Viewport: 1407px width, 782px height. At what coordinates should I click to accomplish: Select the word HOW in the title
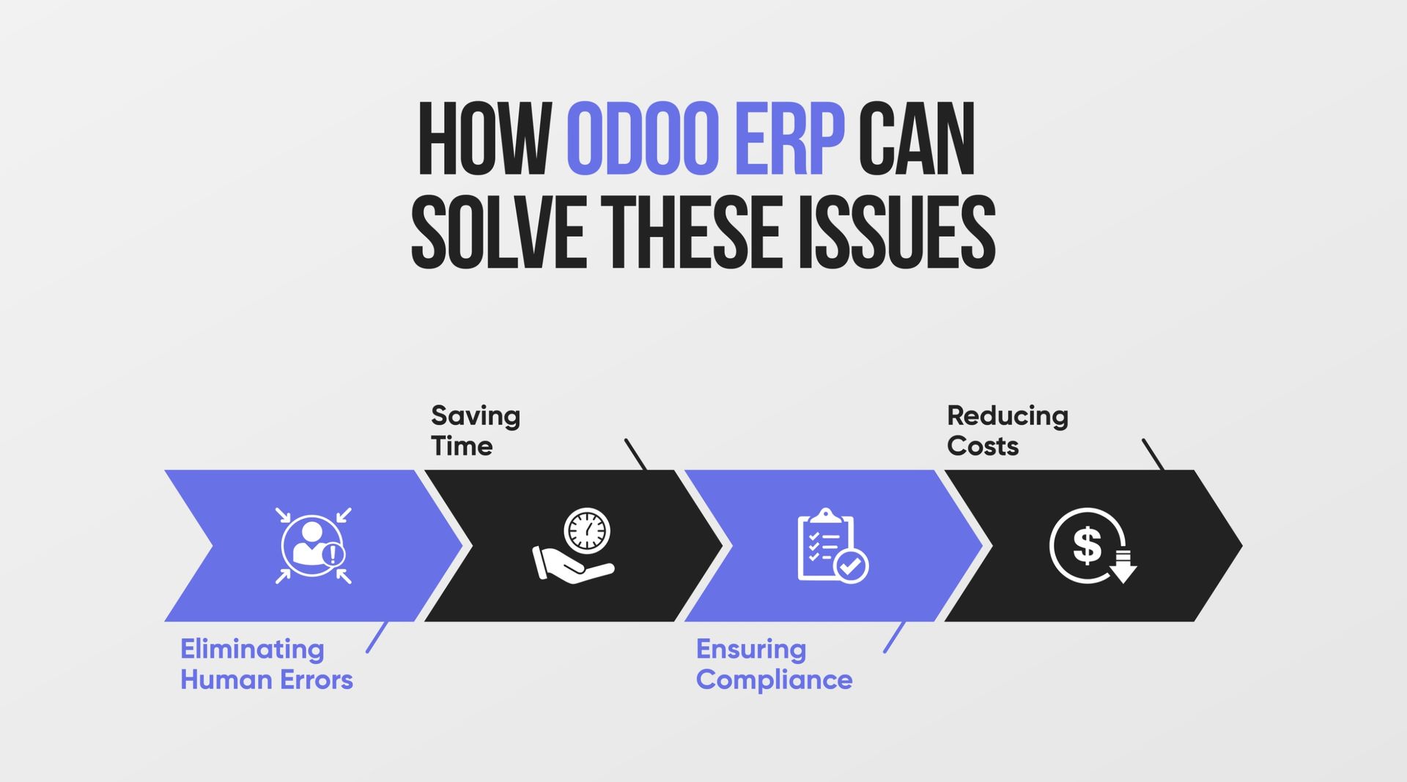(485, 139)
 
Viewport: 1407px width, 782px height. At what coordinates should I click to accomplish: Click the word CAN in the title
(917, 139)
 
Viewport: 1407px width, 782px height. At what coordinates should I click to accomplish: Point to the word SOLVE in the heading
(498, 232)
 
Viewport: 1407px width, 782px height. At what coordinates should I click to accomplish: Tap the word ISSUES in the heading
(896, 232)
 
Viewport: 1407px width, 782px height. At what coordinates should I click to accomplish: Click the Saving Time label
(476, 430)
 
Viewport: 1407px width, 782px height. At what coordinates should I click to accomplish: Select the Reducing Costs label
(1008, 430)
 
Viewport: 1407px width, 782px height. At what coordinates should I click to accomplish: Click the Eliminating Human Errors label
(267, 664)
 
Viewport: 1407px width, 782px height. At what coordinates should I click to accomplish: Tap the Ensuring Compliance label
(774, 664)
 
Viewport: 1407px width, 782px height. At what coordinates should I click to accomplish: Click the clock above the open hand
(587, 531)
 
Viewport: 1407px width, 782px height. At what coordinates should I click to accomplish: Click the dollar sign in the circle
(1087, 545)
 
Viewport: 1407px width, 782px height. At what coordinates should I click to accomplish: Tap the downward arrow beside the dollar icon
(1123, 567)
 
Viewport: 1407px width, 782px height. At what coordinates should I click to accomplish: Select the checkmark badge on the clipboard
(852, 566)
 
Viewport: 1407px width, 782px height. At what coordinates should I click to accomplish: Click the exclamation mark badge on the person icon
(333, 554)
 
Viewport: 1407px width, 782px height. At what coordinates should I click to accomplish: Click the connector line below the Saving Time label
(635, 454)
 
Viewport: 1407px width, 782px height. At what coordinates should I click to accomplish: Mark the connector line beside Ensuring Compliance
(894, 638)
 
